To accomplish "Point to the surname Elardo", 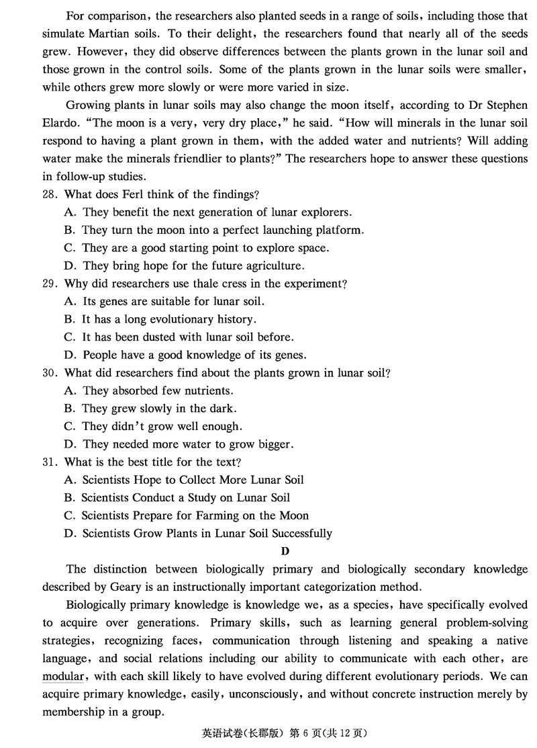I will (61, 123).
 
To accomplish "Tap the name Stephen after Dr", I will (504, 106).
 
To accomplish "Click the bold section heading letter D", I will (285, 552).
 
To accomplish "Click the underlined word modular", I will (62, 676).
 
